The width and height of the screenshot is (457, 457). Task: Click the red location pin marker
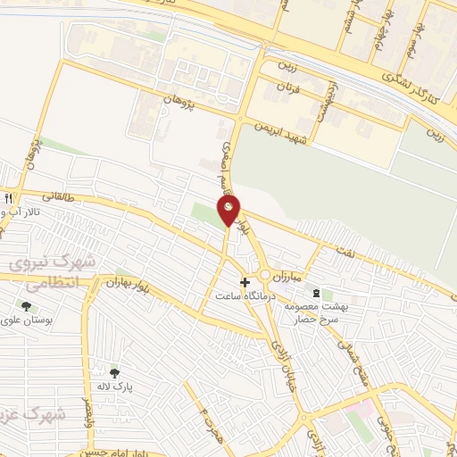(x=229, y=210)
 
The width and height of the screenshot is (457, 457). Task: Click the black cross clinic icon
(x=245, y=307)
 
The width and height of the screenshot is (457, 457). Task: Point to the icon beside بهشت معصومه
(x=315, y=293)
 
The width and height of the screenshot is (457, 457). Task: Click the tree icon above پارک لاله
(x=114, y=373)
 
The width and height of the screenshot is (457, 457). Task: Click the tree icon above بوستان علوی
(x=26, y=306)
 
